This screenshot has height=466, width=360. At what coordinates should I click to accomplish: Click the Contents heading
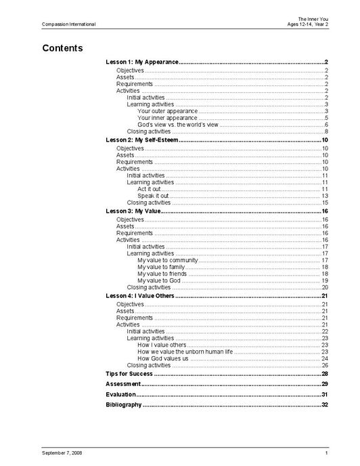62,48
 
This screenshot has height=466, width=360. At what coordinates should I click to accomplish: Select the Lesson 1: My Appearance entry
142,62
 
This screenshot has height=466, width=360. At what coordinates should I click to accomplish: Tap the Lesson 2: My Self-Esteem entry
141,140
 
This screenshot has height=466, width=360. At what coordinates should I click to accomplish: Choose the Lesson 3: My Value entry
133,211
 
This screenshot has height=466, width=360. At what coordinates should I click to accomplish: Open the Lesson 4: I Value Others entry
140,296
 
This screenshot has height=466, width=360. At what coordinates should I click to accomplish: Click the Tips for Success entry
129,374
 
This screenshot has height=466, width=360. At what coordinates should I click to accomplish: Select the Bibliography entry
124,404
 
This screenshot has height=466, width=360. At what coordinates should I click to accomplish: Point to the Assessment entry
123,384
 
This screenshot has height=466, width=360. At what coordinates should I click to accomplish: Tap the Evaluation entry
121,394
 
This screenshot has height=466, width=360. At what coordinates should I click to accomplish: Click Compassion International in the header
68,24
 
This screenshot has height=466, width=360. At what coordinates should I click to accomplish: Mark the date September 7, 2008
62,452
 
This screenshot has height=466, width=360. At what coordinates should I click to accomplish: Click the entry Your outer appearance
167,111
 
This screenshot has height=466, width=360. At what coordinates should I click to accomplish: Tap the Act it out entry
149,189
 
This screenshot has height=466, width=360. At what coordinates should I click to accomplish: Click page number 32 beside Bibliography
325,404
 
